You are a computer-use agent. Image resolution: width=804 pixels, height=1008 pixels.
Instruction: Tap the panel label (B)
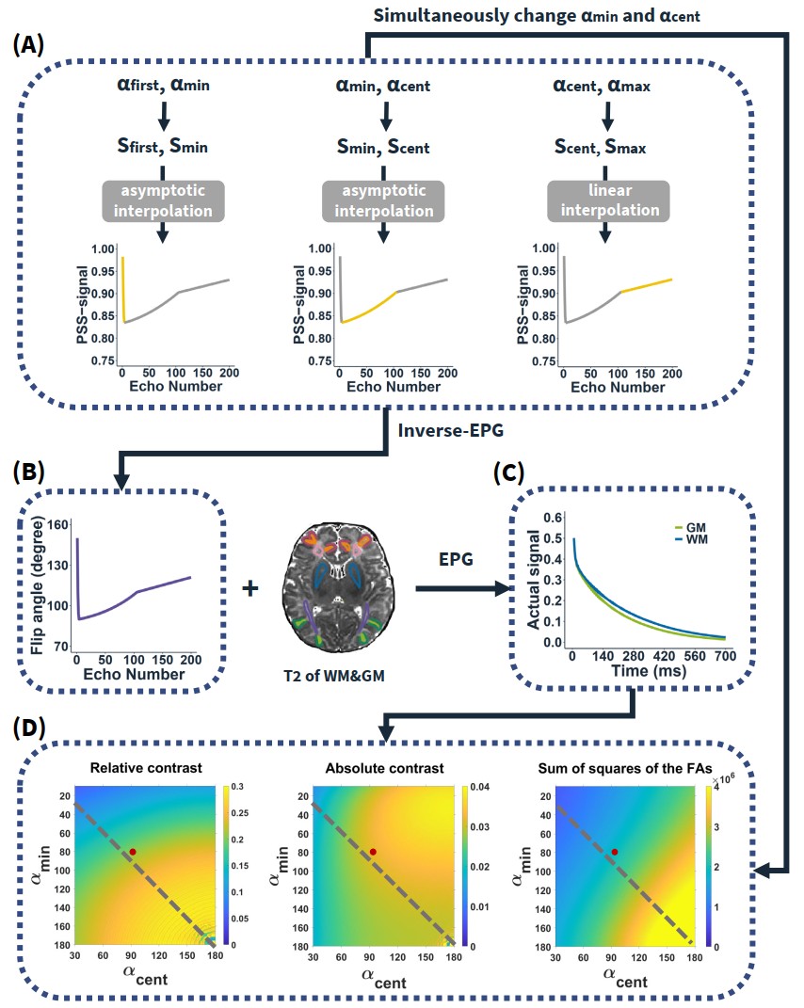pyautogui.click(x=31, y=472)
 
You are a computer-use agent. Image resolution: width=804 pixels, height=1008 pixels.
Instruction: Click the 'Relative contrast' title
pyautogui.click(x=145, y=769)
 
